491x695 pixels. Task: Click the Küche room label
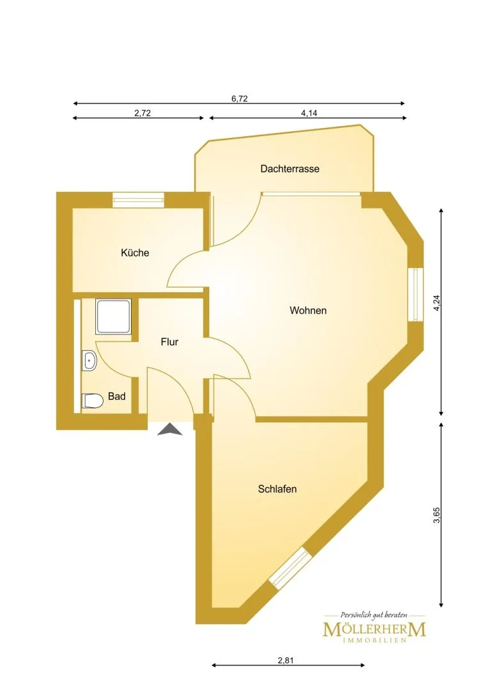pos(135,253)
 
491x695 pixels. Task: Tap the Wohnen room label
pos(308,310)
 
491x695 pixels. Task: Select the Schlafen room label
pos(277,489)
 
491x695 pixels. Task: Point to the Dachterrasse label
pos(290,169)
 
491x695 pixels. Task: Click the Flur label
pos(169,341)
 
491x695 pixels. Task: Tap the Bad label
pos(116,396)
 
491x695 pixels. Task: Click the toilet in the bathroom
pos(92,401)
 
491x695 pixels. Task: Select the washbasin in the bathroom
pos(89,361)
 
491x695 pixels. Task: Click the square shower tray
pos(114,316)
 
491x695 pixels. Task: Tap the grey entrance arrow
pos(169,430)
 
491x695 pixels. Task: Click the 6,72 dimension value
pos(239,98)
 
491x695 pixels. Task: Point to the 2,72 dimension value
pos(142,113)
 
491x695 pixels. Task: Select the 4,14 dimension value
pos(309,113)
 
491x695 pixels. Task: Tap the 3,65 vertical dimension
pos(437,515)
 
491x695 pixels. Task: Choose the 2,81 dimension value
pos(286,660)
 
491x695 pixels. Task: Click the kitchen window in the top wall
pos(138,200)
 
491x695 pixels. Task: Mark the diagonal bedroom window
pos(288,568)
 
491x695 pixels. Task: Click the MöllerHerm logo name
pos(375,629)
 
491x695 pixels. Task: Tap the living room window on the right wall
pos(416,294)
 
